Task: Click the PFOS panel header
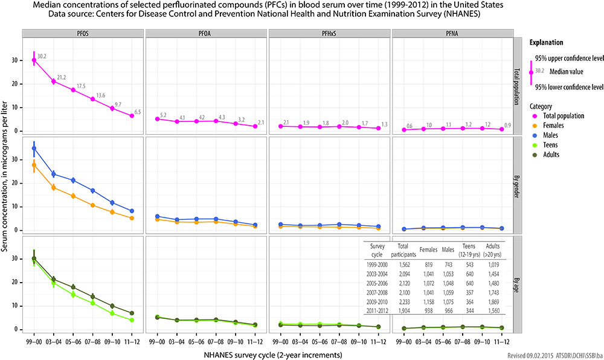click(x=83, y=33)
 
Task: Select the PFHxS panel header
click(x=329, y=33)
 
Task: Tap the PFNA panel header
click(x=452, y=33)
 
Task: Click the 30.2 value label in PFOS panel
click(x=42, y=57)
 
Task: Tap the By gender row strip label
click(x=518, y=186)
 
